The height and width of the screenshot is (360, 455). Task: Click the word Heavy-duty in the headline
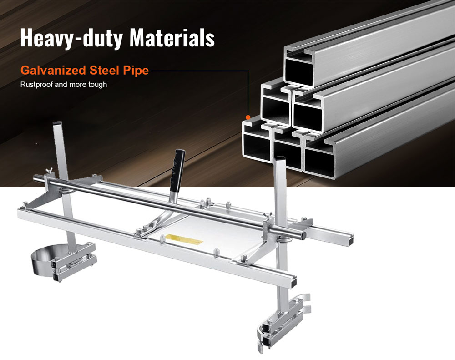click(71, 38)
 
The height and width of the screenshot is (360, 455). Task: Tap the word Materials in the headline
click(172, 37)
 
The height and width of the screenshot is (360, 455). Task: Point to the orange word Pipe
click(136, 71)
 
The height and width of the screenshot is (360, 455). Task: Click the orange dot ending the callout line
click(248, 117)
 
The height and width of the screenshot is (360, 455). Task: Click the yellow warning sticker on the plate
click(182, 238)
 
